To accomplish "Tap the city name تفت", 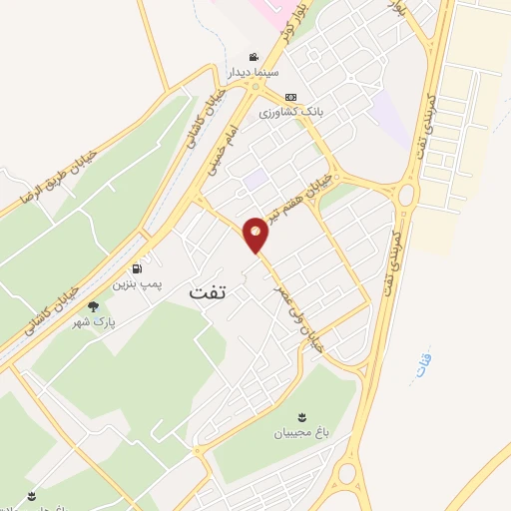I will pos(208,293).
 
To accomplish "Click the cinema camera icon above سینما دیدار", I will pos(255,56).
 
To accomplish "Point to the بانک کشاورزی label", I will pos(292,113).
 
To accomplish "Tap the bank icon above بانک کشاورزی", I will pos(290,97).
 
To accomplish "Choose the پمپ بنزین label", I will pos(137,285).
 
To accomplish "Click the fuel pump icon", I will pos(136,268).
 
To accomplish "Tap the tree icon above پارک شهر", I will pos(93,307).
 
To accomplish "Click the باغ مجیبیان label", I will pos(299,433).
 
